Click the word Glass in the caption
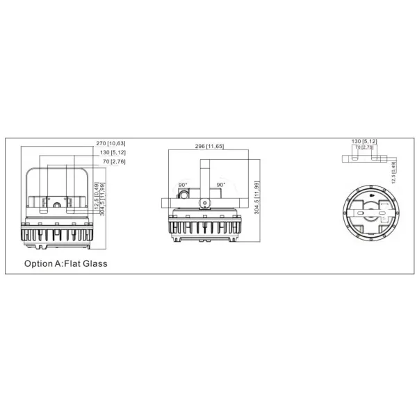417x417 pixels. click(x=95, y=264)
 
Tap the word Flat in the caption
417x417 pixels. click(x=74, y=264)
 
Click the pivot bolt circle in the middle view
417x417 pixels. click(x=204, y=202)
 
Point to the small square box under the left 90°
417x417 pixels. click(x=184, y=194)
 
